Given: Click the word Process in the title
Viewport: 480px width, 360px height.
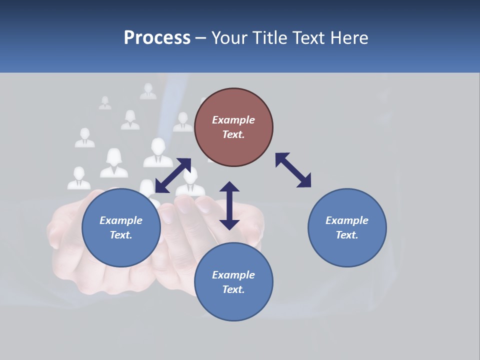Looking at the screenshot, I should tap(157, 38).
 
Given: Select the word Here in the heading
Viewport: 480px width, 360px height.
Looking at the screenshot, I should tap(348, 38).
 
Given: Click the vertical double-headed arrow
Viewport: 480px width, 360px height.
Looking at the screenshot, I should tap(229, 205).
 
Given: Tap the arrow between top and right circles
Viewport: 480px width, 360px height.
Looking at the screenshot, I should tap(293, 170).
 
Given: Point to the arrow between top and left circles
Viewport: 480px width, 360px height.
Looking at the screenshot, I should tap(173, 175).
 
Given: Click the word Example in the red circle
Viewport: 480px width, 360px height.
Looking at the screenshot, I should tap(233, 120).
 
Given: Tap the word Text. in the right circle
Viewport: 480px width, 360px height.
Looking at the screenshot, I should tap(347, 235).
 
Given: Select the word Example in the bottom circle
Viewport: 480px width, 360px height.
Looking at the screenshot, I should tap(233, 275).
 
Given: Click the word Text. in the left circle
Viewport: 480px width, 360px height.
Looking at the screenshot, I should tap(121, 235).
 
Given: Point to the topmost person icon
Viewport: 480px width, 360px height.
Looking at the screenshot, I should tap(148, 91).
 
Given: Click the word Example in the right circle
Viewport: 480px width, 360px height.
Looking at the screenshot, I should tap(347, 220).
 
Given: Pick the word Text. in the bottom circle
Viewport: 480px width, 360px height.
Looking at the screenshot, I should tap(233, 289).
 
